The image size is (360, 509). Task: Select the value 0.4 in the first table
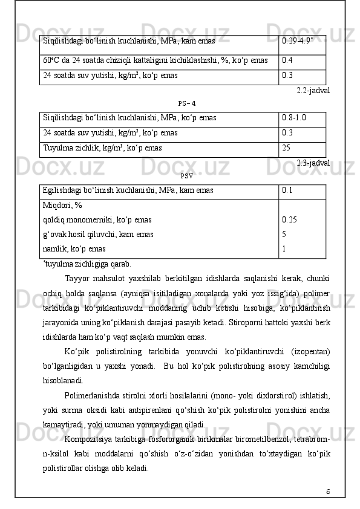287,61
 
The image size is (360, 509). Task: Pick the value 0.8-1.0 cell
294,118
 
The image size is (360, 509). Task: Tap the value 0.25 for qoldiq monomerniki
289,220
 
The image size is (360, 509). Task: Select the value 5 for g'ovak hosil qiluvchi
284,234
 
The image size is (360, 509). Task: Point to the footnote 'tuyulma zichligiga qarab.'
88,264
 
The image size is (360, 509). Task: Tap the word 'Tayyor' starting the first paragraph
77,278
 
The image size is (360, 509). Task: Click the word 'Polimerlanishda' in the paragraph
92,395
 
